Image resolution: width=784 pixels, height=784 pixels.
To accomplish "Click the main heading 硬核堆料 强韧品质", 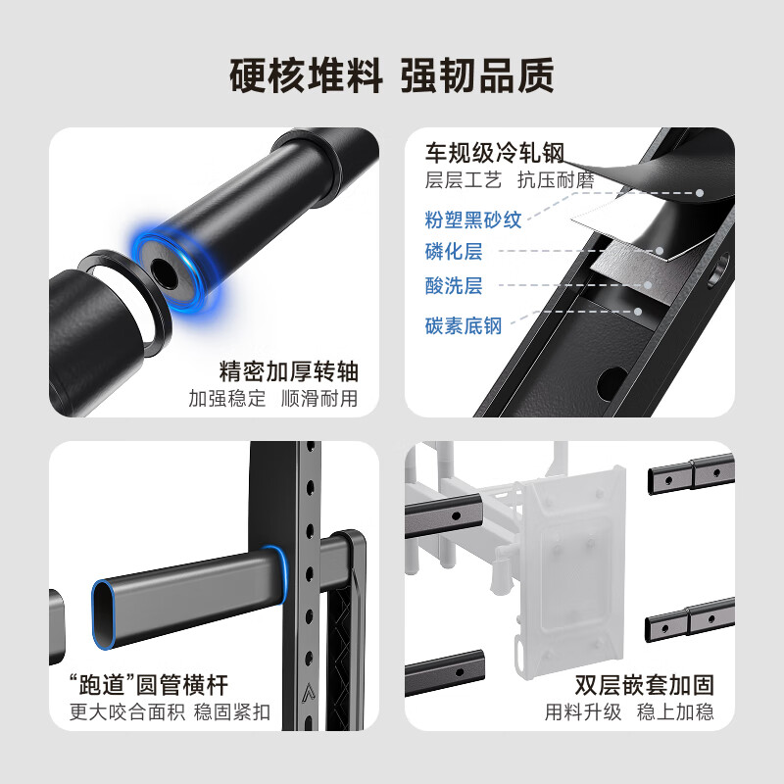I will point(392,74).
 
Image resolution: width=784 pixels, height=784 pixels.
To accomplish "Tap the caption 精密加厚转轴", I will point(288,371).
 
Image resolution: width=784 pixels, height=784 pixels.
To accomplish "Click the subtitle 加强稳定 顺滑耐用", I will point(273,399).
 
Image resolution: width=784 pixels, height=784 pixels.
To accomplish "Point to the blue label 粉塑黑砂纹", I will point(473,220).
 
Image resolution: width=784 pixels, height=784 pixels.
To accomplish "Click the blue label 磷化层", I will point(454,252).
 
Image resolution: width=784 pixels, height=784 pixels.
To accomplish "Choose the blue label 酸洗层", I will point(454,287).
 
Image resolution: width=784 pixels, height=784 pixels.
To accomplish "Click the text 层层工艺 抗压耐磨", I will point(510,180).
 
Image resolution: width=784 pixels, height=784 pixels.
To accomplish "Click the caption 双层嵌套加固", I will point(644,685).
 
